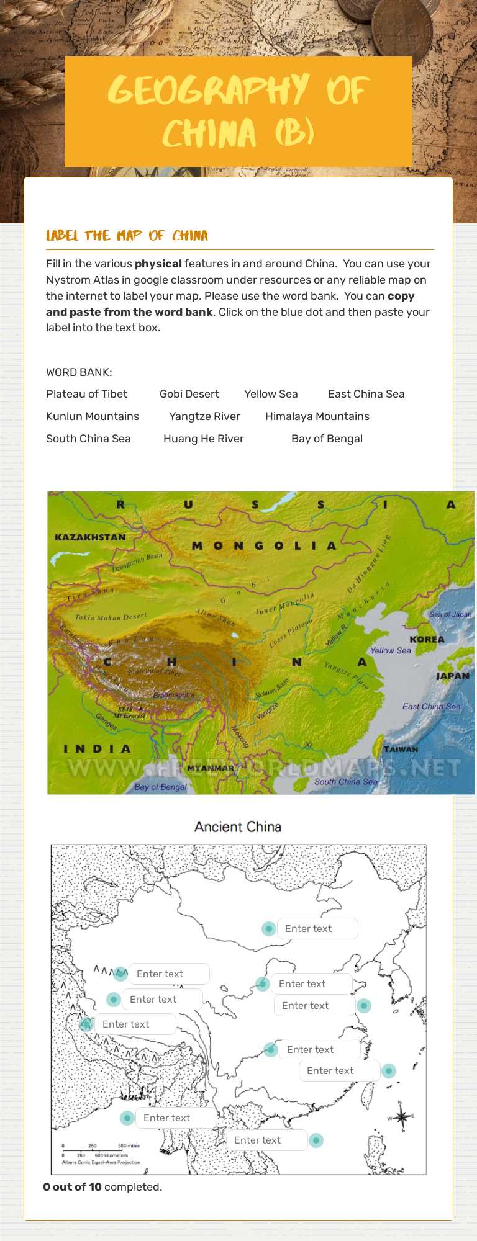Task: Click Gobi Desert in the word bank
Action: pyautogui.click(x=189, y=394)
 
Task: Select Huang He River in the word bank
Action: pyautogui.click(x=203, y=439)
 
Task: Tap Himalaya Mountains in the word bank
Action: pyautogui.click(x=317, y=416)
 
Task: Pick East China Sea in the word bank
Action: pyautogui.click(x=366, y=394)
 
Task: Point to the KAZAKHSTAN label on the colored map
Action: pyautogui.click(x=90, y=537)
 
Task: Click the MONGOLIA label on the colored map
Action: pyautogui.click(x=264, y=546)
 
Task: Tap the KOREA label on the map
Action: pyautogui.click(x=427, y=639)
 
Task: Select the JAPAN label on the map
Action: pyautogui.click(x=452, y=676)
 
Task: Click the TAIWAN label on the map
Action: pyautogui.click(x=401, y=749)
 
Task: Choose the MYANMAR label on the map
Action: pyautogui.click(x=211, y=768)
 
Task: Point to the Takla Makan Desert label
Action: pyautogui.click(x=111, y=617)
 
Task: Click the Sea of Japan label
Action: pyautogui.click(x=450, y=614)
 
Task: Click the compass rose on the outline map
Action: pyautogui.click(x=401, y=1118)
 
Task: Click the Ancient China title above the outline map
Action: pyautogui.click(x=238, y=827)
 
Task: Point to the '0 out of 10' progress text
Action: pyautogui.click(x=102, y=1187)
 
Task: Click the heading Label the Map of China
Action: pyautogui.click(x=127, y=236)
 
